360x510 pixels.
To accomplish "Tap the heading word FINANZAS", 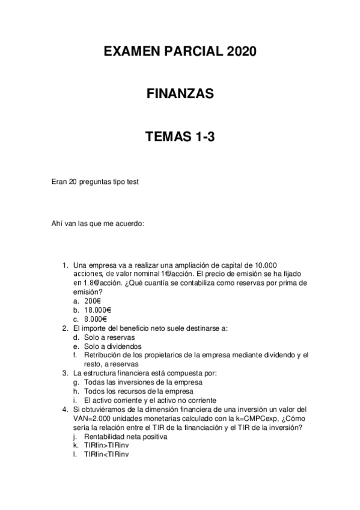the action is (180, 94).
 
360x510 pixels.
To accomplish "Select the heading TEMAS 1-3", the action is (180, 137).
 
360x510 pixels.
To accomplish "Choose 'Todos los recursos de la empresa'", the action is (140, 392).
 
